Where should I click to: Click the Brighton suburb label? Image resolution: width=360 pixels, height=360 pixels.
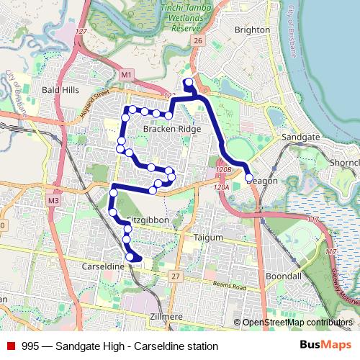252,30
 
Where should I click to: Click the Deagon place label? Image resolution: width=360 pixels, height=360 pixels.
261,181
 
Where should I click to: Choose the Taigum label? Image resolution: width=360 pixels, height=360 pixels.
209,236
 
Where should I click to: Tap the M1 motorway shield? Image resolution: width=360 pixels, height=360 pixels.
127,74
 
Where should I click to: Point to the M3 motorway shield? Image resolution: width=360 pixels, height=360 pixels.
53,199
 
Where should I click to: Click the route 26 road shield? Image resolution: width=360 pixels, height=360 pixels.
198,40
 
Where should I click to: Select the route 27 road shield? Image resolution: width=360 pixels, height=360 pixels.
175,276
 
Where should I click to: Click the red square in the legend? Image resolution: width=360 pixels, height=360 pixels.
11,346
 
